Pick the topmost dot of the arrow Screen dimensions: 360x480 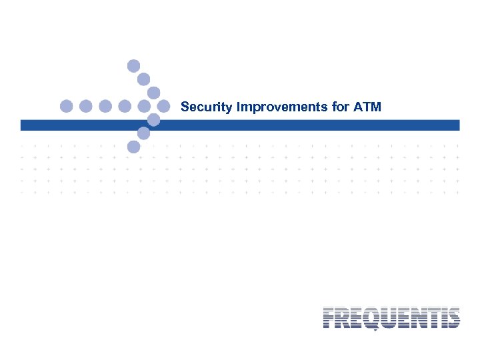pyautogui.click(x=134, y=65)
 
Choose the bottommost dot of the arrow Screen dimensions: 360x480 pyautogui.click(x=134, y=147)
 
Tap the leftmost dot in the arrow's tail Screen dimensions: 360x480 pyautogui.click(x=66, y=106)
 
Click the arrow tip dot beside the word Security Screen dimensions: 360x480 pyautogui.click(x=163, y=106)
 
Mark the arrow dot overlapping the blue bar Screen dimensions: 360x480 pyautogui.click(x=153, y=120)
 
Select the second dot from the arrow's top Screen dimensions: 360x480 pyautogui.click(x=143, y=79)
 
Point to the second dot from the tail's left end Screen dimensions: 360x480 pyautogui.click(x=85, y=106)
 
